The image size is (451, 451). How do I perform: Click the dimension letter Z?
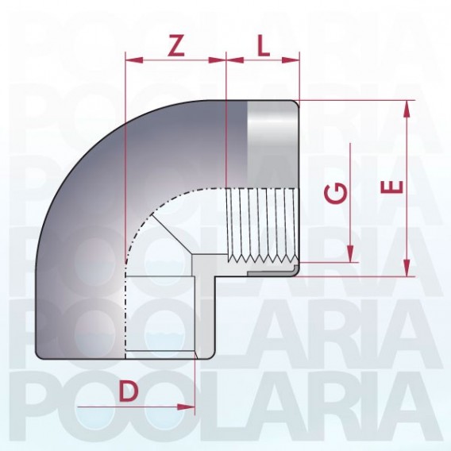point(175,46)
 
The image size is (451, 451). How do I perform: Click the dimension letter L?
point(264,46)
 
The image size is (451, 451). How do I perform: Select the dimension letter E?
point(391,187)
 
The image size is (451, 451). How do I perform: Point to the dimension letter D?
point(129,391)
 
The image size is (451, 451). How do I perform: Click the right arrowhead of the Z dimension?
point(218,60)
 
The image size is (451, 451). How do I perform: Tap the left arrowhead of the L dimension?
point(235,60)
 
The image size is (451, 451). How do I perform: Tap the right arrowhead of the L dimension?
point(291,60)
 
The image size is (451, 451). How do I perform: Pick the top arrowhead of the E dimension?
point(407,109)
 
